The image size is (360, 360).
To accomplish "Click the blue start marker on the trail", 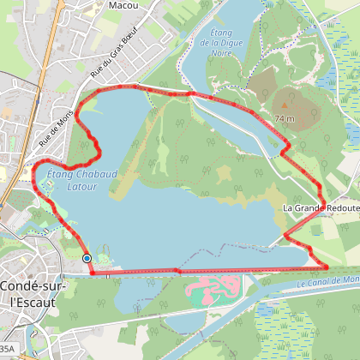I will point(87,258).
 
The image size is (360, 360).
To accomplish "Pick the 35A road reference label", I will point(7,349).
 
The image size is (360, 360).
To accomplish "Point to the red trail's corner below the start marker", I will point(92,272).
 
